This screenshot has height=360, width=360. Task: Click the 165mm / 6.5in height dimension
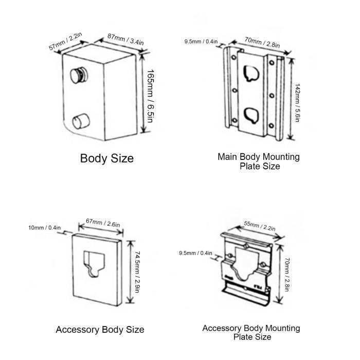[x=151, y=96]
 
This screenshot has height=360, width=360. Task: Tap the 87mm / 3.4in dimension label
[x=125, y=39]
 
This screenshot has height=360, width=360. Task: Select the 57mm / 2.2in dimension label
[x=65, y=41]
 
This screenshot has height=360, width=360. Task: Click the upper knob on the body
[x=79, y=75]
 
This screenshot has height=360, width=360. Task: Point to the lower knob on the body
[x=81, y=121]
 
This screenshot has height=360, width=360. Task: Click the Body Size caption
[x=107, y=158]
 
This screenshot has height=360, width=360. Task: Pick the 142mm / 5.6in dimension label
[x=297, y=103]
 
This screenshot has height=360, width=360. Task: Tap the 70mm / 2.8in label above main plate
[x=262, y=43]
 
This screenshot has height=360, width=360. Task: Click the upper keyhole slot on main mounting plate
[x=251, y=74]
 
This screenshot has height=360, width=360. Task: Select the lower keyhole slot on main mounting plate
[x=251, y=116]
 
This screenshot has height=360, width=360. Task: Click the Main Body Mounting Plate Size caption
[x=259, y=161]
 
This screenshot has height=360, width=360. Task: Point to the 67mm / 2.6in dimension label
[x=103, y=223]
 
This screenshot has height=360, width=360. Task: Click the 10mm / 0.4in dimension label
[x=45, y=228]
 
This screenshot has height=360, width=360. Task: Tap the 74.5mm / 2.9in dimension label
[x=137, y=272]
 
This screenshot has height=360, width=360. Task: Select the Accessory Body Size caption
[x=100, y=330]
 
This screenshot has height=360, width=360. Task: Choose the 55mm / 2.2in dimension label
[x=260, y=226]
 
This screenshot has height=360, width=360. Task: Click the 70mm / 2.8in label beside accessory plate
[x=287, y=275]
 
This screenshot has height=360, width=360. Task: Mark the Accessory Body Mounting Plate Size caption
[x=251, y=332]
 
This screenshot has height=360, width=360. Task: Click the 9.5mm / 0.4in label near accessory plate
[x=195, y=253]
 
